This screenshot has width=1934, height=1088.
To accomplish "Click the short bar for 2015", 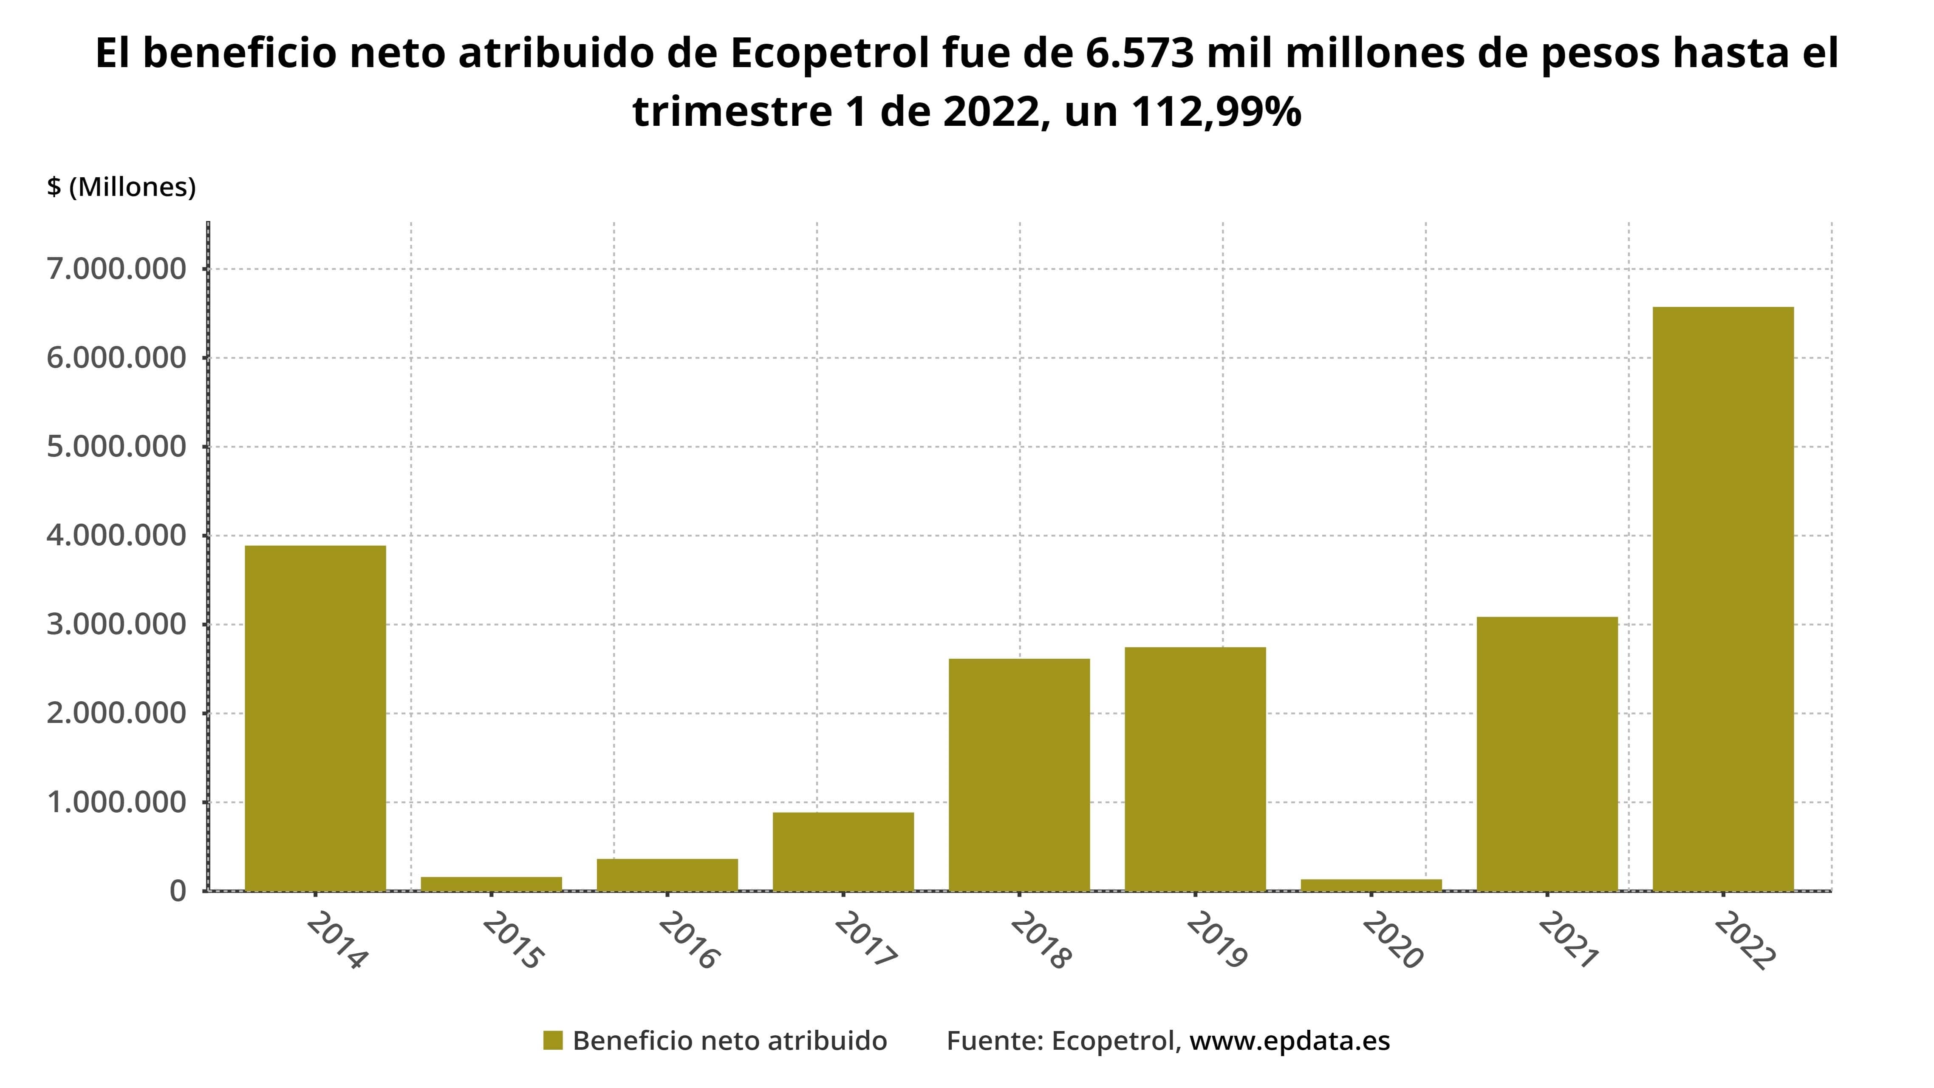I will (491, 883).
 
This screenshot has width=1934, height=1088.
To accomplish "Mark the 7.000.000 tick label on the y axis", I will (116, 269).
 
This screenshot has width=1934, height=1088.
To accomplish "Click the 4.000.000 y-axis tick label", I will (116, 535).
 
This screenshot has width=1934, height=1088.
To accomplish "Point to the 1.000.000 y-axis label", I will (116, 802).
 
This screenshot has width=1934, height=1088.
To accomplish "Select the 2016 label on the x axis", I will (688, 941).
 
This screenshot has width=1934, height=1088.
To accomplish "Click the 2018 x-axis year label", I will (1041, 941).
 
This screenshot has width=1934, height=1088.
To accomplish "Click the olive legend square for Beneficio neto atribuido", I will (553, 1041).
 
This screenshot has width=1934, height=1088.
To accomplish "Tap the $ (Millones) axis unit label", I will (121, 187).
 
